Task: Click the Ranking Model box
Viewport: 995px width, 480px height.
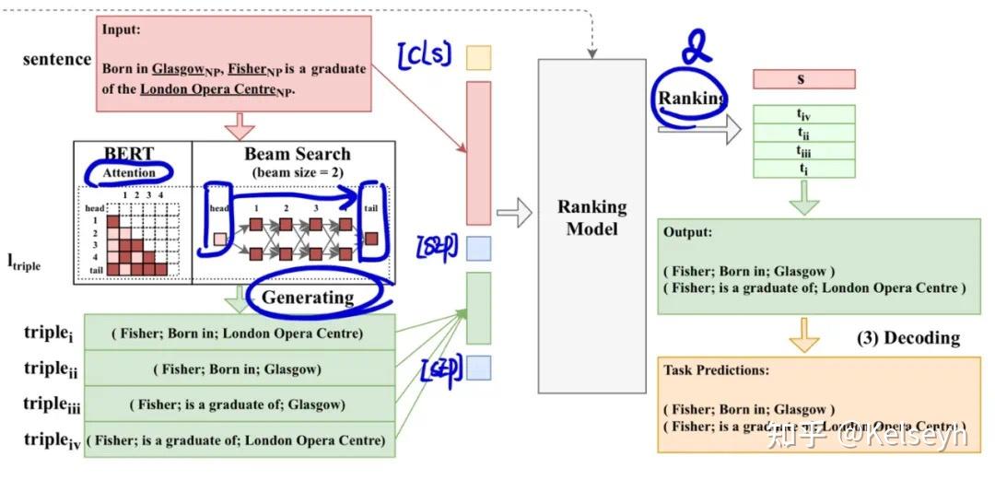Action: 591,218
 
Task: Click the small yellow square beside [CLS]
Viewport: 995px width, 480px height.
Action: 478,58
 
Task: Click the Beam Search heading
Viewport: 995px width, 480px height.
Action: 297,154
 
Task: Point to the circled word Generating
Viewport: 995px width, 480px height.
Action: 307,297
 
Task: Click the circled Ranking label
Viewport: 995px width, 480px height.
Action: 691,99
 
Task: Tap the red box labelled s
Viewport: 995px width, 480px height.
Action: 803,79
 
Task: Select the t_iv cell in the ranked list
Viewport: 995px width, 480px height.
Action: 803,114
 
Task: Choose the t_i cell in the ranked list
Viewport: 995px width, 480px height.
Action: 803,168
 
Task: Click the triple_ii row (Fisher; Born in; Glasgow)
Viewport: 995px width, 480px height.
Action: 239,369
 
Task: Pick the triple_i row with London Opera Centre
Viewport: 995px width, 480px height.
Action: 239,333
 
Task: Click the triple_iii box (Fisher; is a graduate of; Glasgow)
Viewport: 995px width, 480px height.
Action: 239,404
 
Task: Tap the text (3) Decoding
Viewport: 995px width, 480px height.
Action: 907,338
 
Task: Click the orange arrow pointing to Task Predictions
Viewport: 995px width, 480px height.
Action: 803,335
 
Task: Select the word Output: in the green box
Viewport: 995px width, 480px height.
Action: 688,232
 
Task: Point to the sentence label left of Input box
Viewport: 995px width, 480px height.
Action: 57,60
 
